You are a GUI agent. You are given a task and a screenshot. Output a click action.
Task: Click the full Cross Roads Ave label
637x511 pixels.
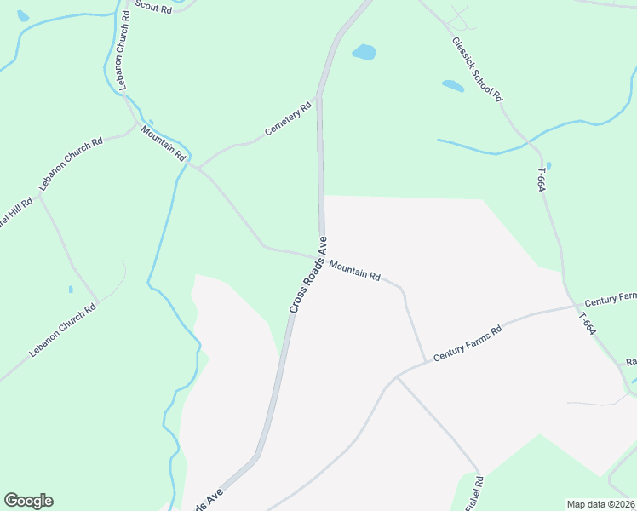(x=308, y=275)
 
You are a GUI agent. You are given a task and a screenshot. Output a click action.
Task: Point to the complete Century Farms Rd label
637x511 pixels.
(x=468, y=343)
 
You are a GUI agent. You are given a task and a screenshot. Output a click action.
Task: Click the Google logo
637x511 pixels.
(x=28, y=501)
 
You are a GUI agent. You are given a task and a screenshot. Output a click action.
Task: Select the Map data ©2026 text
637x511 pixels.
(x=600, y=504)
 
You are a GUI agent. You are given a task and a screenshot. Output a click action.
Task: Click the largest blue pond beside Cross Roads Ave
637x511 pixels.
(x=364, y=52)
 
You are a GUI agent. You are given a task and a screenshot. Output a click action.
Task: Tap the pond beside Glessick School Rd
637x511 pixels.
(x=452, y=86)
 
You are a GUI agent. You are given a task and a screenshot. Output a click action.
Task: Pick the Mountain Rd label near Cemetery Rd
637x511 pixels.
(x=164, y=143)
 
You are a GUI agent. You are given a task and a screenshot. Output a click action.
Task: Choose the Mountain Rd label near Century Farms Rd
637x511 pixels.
(x=354, y=271)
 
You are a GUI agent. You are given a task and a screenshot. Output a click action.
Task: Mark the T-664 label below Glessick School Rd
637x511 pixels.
(x=541, y=179)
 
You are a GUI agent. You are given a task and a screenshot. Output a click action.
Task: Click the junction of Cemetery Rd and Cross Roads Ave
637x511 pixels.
(x=318, y=98)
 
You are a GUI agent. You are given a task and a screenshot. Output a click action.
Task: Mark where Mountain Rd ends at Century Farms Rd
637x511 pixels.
(x=425, y=362)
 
